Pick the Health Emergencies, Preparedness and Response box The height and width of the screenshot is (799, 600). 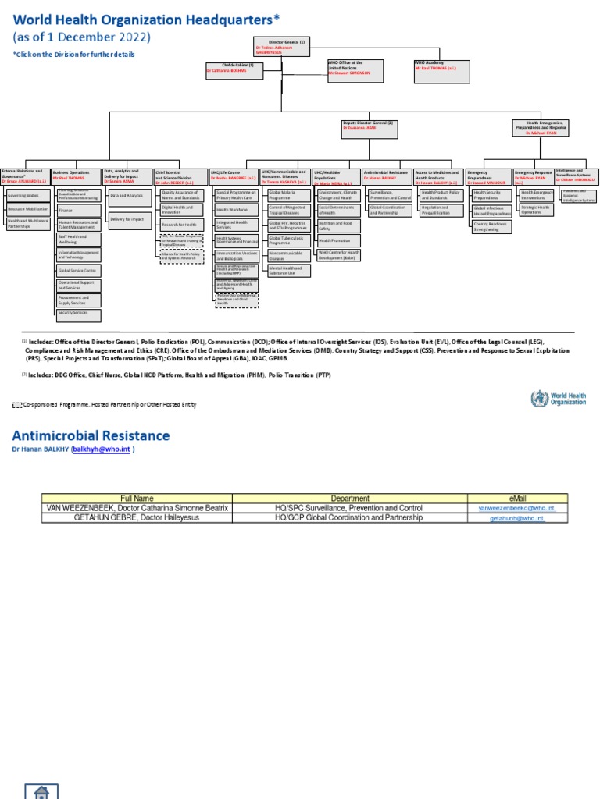(545, 128)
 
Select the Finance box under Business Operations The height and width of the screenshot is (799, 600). (77, 210)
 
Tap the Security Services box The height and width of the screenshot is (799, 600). (77, 314)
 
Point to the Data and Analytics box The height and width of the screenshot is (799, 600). (127, 195)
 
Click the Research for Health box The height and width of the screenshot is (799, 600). (180, 225)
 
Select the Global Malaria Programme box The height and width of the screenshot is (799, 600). (287, 194)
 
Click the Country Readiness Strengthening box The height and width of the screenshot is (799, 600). (490, 226)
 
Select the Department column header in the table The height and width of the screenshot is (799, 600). (349, 498)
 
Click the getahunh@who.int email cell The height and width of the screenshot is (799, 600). (516, 517)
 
